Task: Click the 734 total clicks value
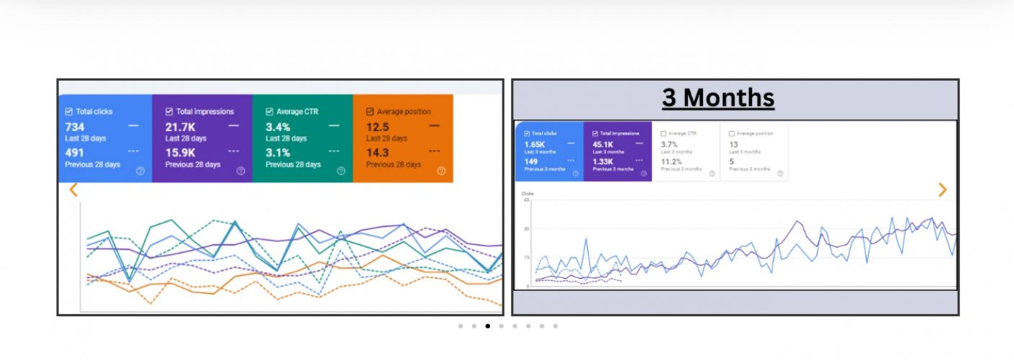tap(75, 127)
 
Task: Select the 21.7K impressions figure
tap(180, 127)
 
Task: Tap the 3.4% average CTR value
tap(278, 127)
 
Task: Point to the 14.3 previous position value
tap(377, 153)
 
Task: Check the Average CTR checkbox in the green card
tap(270, 112)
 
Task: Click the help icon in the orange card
tap(441, 171)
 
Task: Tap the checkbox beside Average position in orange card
tap(370, 112)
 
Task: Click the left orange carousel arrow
tap(73, 190)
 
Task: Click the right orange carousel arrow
tap(942, 190)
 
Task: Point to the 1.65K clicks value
tap(535, 145)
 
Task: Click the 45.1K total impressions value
tap(602, 145)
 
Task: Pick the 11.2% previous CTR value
tap(671, 161)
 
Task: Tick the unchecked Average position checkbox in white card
tap(732, 134)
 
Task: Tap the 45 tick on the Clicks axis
tap(526, 200)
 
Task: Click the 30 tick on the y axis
tap(526, 229)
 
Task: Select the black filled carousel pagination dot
tap(487, 326)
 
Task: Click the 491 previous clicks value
tap(75, 153)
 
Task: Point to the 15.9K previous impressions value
tap(180, 153)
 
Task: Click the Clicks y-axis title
tap(528, 194)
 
